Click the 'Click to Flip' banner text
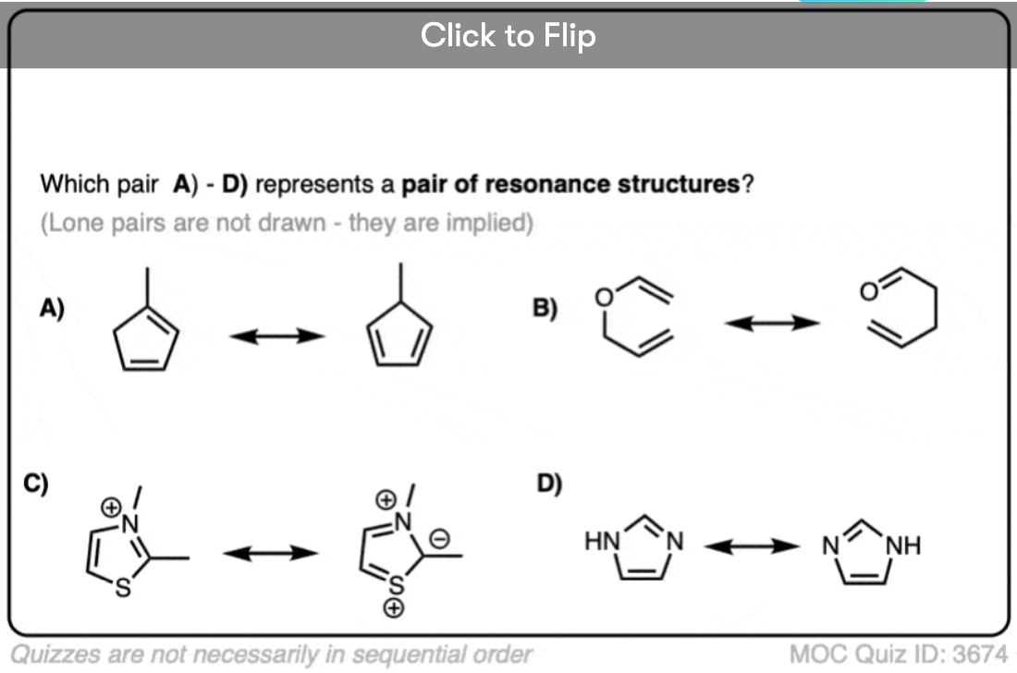coord(508,36)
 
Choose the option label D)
coord(549,483)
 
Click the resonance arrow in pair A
coord(277,336)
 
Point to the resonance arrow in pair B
coord(771,323)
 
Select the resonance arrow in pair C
coord(270,553)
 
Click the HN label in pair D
coord(602,541)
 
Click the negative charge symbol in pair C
coord(441,534)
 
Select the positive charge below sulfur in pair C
coord(394,607)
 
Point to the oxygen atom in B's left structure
coord(603,298)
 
